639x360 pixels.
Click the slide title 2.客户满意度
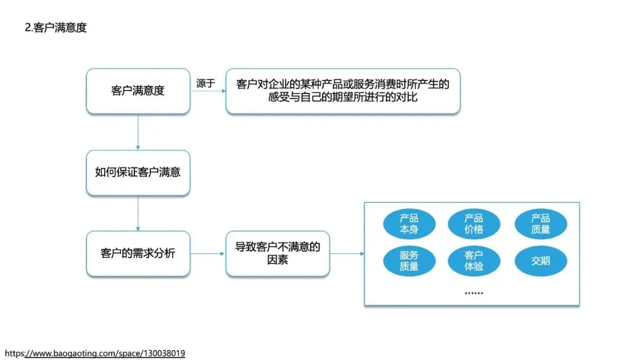[56, 28]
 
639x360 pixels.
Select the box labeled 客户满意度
[138, 91]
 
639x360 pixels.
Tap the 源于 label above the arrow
[205, 83]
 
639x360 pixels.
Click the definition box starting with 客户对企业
[343, 91]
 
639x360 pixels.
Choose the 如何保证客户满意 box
[138, 173]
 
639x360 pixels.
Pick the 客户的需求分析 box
[138, 253]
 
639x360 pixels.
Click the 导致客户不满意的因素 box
[277, 253]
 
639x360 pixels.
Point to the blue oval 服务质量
[409, 261]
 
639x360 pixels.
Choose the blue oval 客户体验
[473, 261]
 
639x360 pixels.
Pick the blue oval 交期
[540, 261]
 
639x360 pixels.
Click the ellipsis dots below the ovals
[473, 292]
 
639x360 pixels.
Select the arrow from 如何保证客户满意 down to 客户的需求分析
[138, 213]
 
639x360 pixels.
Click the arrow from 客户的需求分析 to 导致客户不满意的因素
[208, 254]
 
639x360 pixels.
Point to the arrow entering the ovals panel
[347, 254]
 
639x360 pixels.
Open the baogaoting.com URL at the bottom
[95, 353]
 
